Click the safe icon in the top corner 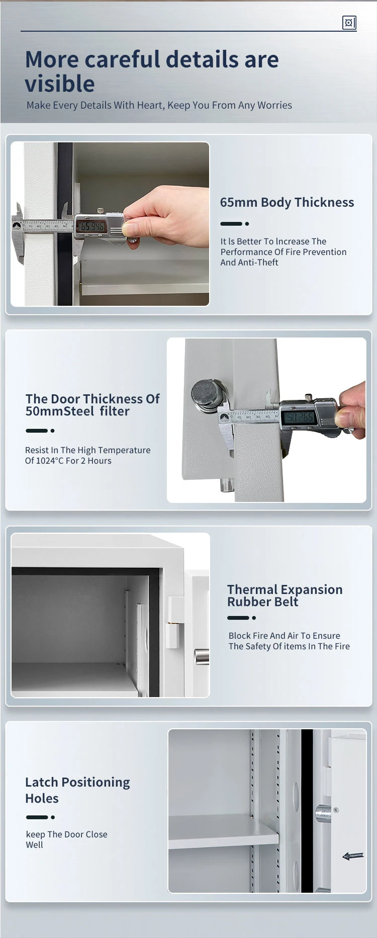point(349,23)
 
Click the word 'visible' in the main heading point(60,84)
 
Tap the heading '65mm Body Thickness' point(287,202)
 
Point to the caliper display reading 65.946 point(91,227)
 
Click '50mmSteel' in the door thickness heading point(60,411)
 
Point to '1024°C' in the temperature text point(50,461)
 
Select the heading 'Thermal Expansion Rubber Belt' point(285,595)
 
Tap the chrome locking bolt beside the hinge point(202,656)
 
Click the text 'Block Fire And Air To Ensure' point(284,636)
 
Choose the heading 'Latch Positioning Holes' point(77,790)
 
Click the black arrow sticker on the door point(353,856)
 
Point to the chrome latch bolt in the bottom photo point(323,813)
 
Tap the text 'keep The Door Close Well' point(66,839)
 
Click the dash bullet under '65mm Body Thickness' point(234,224)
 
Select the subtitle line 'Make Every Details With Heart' point(159,105)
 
